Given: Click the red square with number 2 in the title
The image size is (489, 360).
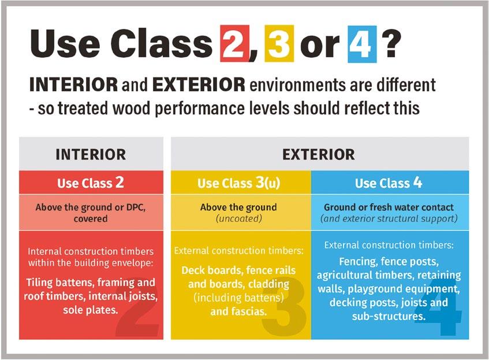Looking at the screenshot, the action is click(235, 43).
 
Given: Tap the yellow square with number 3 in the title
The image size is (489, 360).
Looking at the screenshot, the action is click(279, 43).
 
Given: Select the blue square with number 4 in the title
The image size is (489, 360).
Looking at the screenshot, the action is click(362, 44).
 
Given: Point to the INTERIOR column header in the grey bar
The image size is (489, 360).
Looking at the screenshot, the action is click(91, 154).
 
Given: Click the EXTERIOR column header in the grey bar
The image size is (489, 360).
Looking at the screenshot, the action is click(319, 154).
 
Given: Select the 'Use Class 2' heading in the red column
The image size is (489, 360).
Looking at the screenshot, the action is click(91, 183).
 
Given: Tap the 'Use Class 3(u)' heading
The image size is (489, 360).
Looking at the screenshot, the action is click(238, 183).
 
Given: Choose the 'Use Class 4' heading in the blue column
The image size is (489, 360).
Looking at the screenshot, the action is click(389, 183).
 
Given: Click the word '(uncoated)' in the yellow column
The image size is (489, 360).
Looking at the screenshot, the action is click(239, 218).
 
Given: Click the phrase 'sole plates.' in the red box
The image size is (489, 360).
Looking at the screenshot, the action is click(91, 310).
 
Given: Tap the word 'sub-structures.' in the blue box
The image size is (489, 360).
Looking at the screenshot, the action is click(389, 316).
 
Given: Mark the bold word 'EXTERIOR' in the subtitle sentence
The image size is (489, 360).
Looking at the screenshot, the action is click(199, 84).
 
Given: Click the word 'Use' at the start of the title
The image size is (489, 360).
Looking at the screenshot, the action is click(65, 43).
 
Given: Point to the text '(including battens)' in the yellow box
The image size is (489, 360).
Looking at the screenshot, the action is click(238, 298).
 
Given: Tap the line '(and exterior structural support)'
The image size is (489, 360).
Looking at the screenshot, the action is click(389, 218).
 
